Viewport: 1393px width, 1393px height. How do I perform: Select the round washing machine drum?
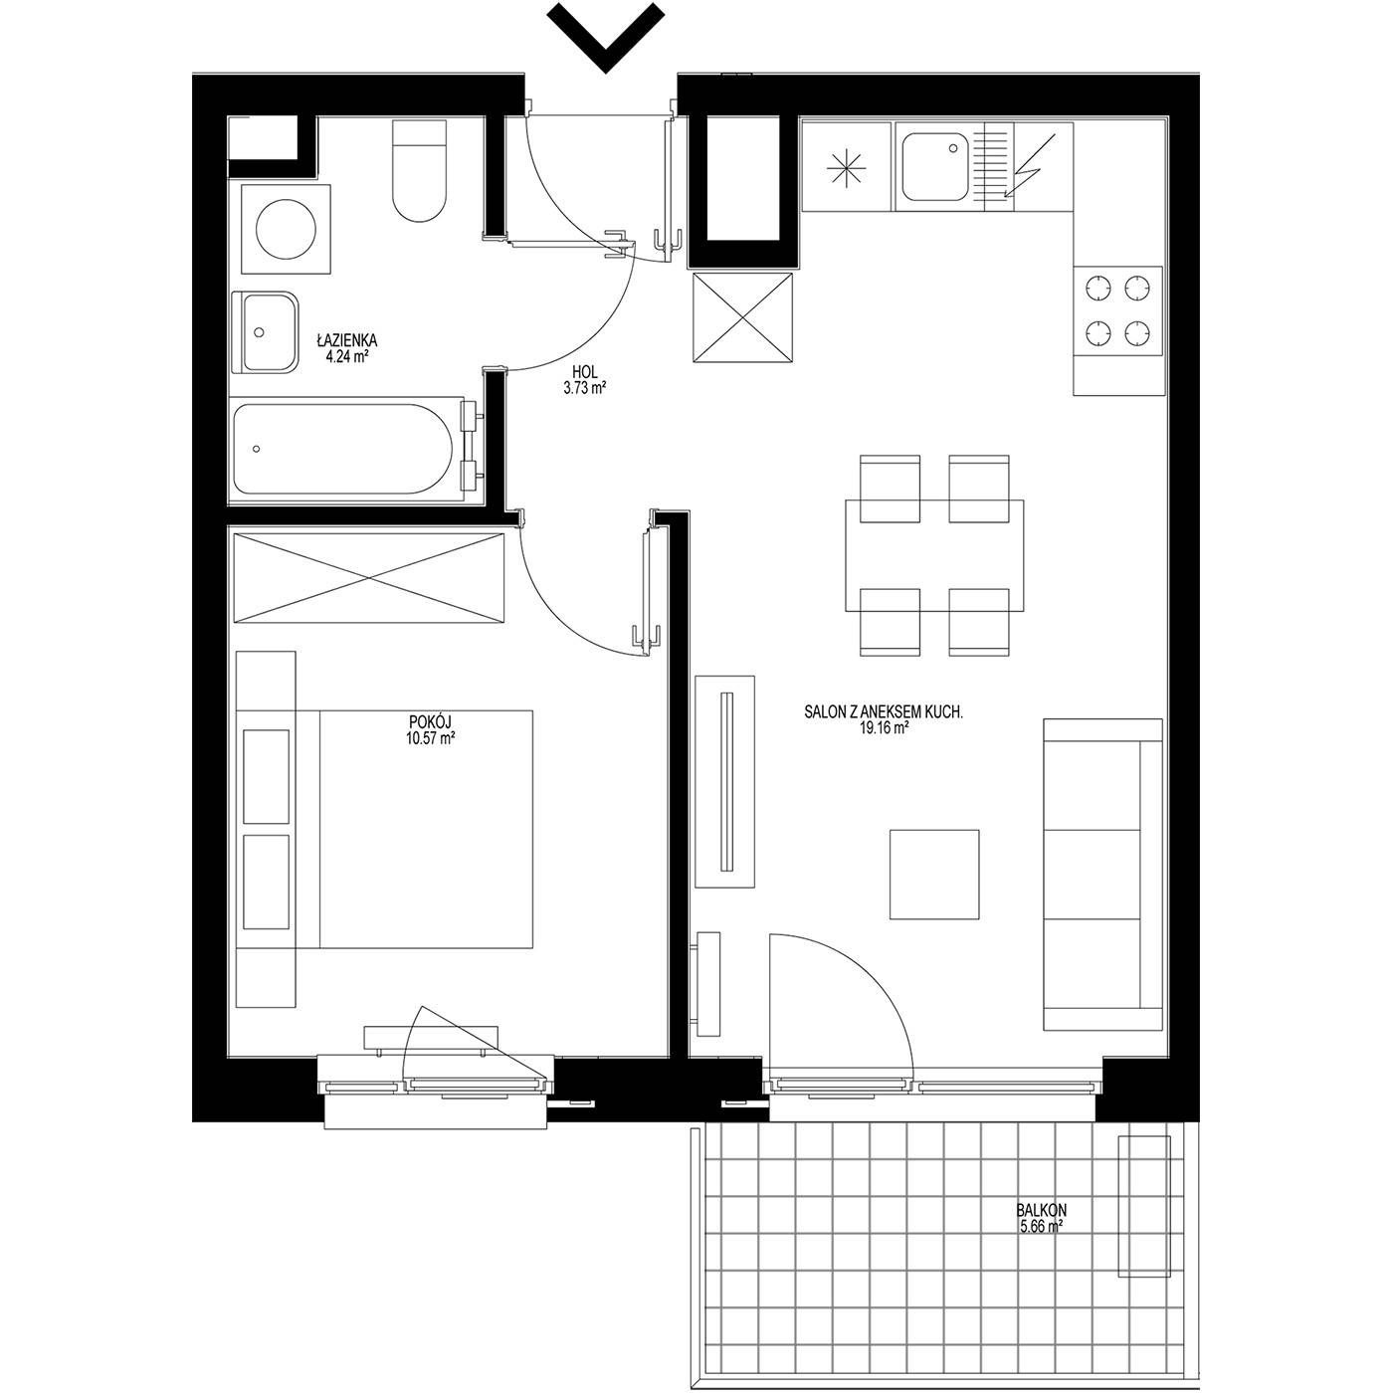[287, 229]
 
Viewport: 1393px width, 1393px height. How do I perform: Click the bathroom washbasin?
[266, 332]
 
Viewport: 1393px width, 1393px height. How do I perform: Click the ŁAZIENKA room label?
[346, 339]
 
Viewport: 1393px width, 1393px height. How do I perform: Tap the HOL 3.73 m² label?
[584, 380]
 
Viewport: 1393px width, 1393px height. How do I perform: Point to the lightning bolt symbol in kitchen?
[1029, 165]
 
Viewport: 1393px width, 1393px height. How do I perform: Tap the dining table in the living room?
[934, 555]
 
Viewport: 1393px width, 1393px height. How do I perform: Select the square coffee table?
[934, 874]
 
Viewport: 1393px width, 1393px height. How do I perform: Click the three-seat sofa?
[1102, 874]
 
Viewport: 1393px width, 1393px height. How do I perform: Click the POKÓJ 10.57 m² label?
[430, 729]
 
